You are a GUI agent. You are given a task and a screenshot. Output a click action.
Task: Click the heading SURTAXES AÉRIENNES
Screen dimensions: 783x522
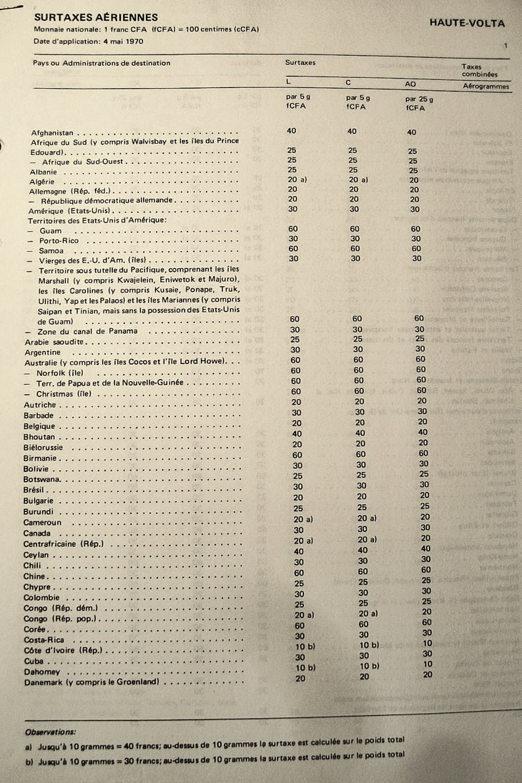point(96,16)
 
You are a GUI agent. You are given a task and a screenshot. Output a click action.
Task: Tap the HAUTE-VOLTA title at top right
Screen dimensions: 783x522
point(467,23)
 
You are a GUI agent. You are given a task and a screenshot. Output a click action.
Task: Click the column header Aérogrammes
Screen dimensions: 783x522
point(486,87)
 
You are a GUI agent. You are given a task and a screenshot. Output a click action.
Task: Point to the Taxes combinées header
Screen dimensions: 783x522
point(481,71)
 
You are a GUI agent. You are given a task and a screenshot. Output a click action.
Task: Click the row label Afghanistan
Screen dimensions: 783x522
point(52,133)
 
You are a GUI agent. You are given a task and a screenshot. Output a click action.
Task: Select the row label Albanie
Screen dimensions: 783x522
point(44,172)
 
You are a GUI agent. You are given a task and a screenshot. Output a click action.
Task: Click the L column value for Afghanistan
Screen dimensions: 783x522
point(292,131)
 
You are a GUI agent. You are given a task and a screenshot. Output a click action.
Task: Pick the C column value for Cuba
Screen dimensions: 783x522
point(364,655)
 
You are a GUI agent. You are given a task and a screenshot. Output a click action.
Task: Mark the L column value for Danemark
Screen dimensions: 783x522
point(300,677)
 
